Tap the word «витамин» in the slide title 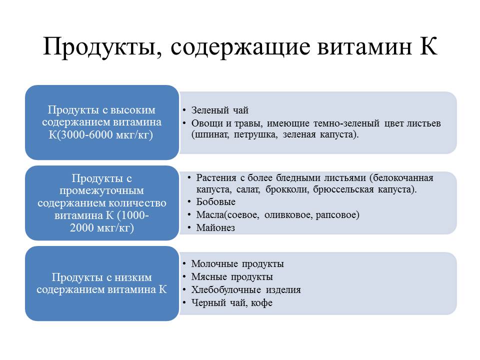click(364, 46)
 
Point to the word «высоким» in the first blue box click(133, 110)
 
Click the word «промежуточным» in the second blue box click(101, 191)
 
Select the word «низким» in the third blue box click(133, 277)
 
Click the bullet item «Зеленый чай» click(220, 110)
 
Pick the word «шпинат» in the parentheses click(210, 134)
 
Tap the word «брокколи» click(288, 189)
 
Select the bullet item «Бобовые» click(216, 201)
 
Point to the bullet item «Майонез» click(216, 228)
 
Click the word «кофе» click(261, 303)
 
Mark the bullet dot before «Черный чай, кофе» click(184, 303)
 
